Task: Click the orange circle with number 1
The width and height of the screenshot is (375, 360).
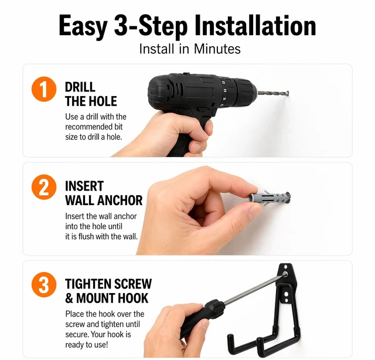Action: [44, 89]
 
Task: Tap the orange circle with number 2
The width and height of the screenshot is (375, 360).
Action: [44, 187]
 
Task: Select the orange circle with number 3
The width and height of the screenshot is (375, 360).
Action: [44, 284]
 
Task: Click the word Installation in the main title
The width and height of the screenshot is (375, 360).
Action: [255, 25]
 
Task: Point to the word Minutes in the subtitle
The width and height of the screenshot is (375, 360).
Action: [217, 49]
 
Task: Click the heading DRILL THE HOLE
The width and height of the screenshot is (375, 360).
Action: [91, 94]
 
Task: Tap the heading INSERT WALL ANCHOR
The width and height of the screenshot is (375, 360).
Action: [104, 193]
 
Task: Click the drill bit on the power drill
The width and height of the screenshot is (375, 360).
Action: [273, 93]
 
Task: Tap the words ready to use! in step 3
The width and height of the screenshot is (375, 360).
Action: [87, 345]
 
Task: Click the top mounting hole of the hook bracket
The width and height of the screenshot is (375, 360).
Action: [285, 266]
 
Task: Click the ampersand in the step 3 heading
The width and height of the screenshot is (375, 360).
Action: [69, 298]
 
